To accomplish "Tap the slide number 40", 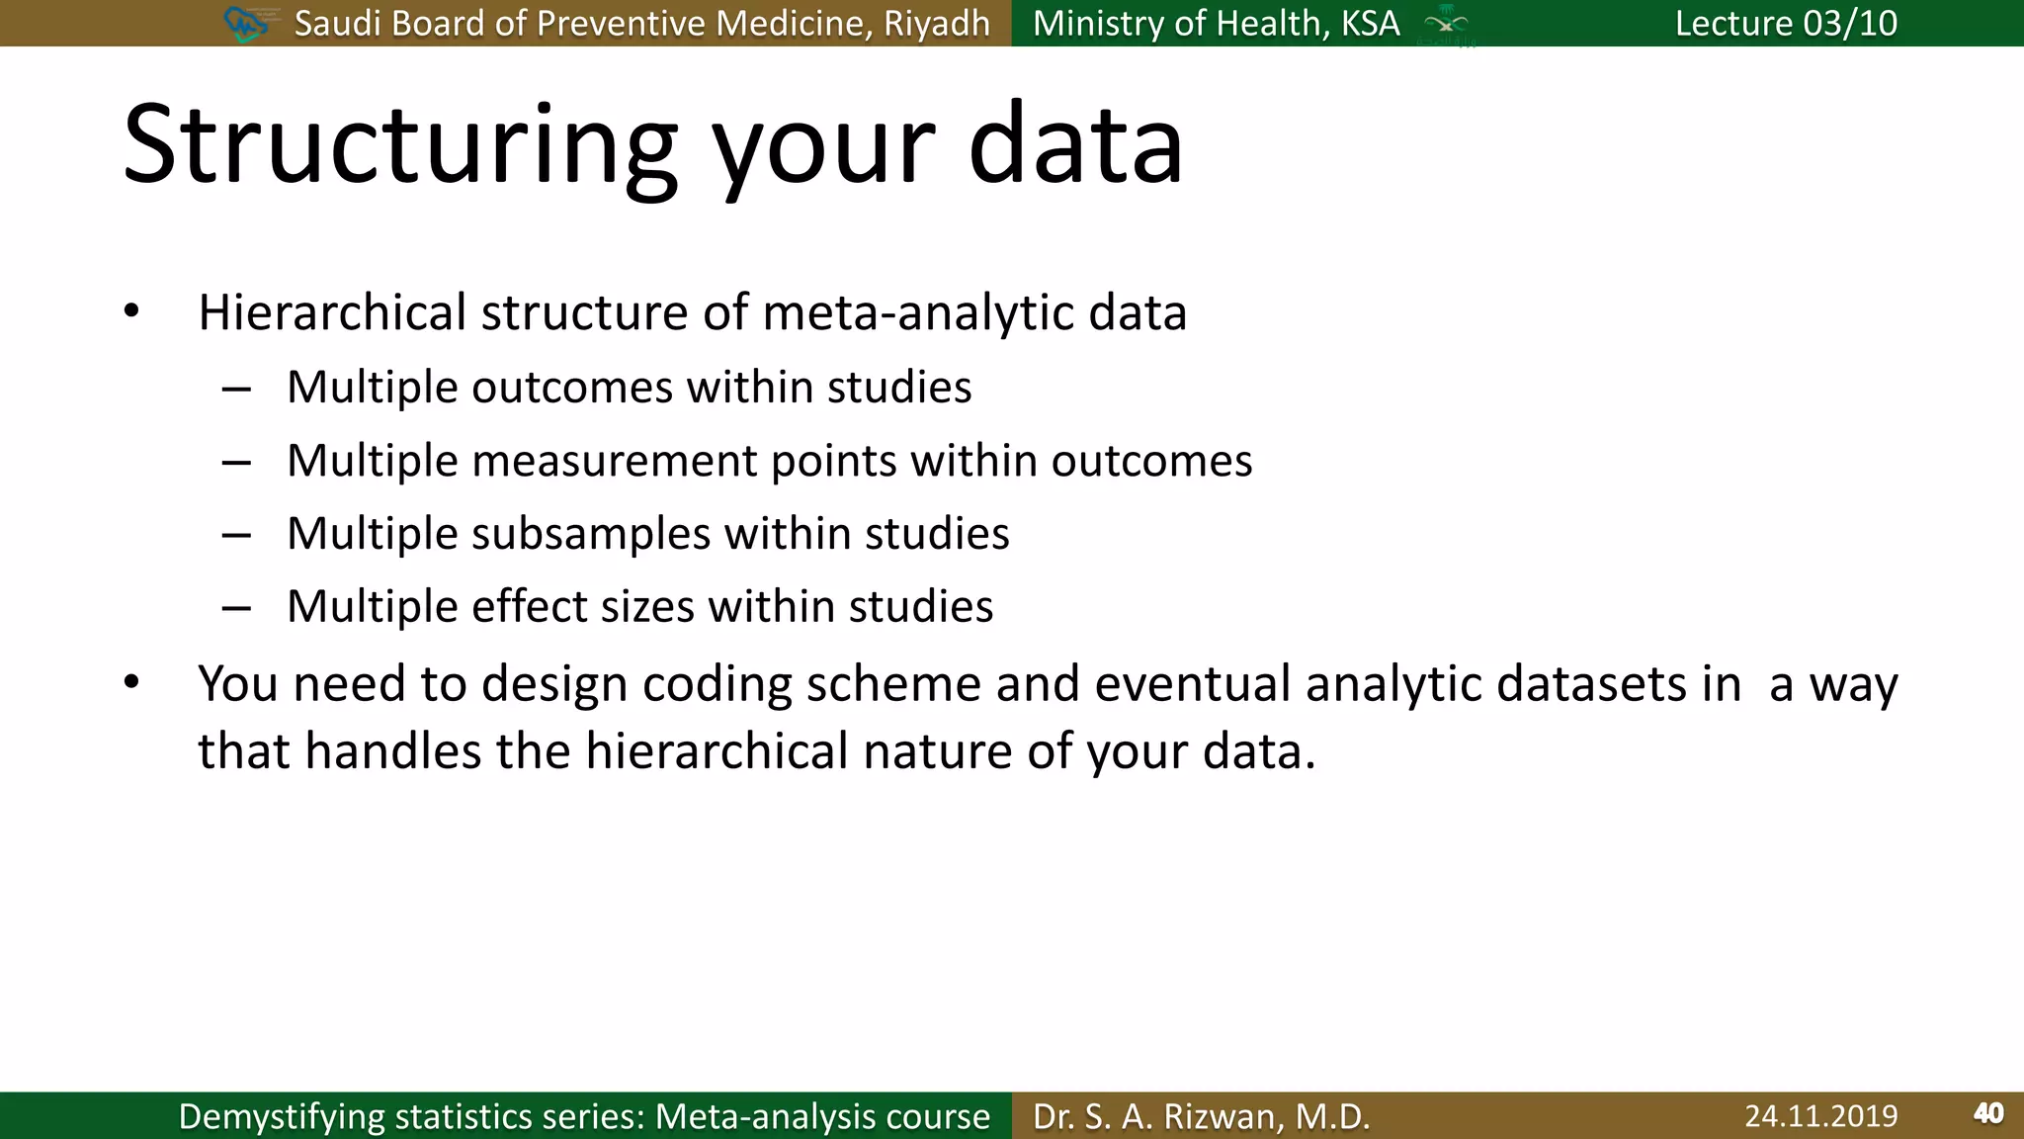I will tap(1988, 1114).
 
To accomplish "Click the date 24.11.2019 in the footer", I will tap(1820, 1116).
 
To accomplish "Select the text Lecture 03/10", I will tap(1786, 23).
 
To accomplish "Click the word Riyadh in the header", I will tap(936, 23).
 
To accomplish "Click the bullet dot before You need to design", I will tap(131, 682).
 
